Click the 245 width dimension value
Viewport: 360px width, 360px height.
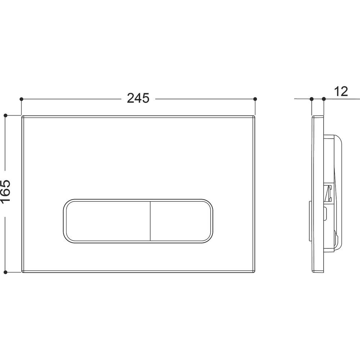[138, 98]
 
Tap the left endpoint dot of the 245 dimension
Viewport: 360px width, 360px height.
[21, 99]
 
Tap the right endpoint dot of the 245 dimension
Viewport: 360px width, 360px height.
[255, 99]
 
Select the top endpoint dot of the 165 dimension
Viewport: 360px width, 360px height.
[6, 115]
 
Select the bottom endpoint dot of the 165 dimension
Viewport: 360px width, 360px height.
[6, 272]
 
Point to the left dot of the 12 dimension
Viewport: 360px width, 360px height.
[311, 99]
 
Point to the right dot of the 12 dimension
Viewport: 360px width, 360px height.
[324, 99]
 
